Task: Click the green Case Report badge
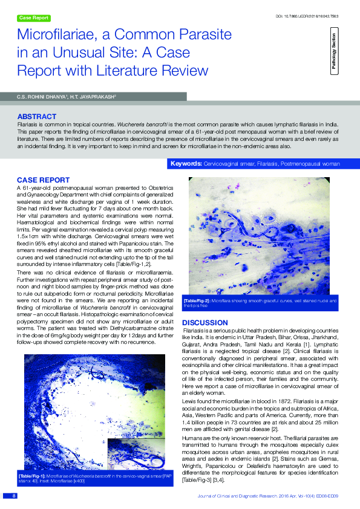(x=34, y=18)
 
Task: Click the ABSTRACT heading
(x=37, y=116)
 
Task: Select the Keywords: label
(x=186, y=164)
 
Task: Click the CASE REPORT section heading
(x=42, y=180)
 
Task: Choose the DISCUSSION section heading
(x=205, y=323)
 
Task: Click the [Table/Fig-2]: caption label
(x=197, y=300)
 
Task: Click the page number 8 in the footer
(x=13, y=496)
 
